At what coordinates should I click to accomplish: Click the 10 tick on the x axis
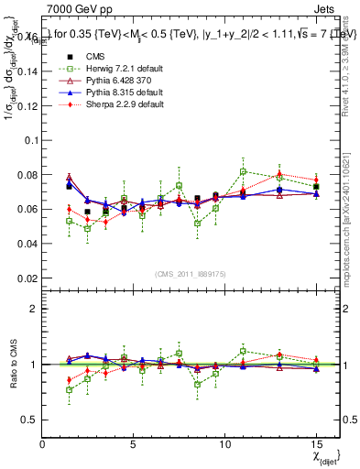pyautogui.click(x=224, y=445)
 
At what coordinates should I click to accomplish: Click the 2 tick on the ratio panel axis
pyautogui.click(x=34, y=309)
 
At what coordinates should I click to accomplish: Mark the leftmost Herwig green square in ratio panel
pyautogui.click(x=69, y=390)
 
